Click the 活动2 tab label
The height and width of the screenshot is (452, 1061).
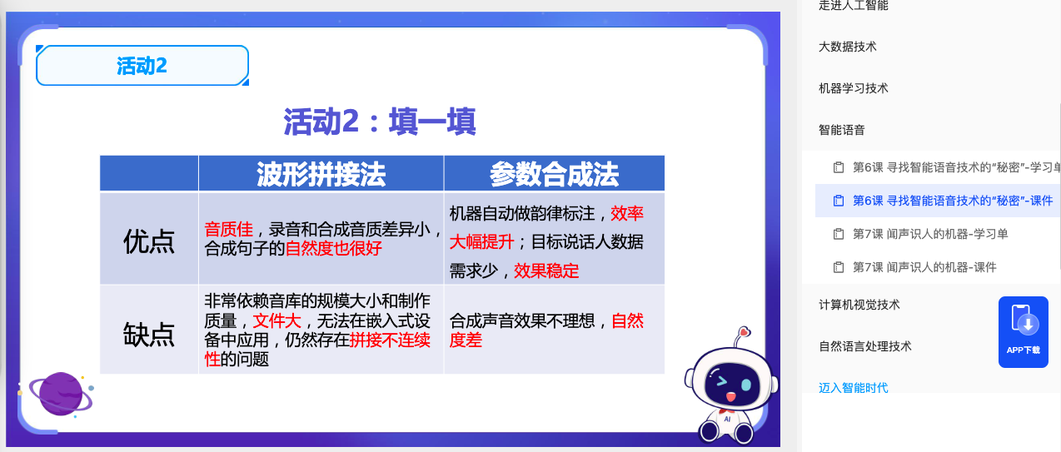click(x=142, y=66)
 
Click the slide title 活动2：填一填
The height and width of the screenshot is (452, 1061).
click(x=379, y=122)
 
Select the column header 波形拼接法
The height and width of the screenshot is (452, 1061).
click(x=321, y=173)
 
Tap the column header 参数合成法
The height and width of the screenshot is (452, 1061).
click(x=554, y=173)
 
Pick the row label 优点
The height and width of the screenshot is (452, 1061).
click(x=149, y=241)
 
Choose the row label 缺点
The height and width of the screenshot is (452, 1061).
click(x=149, y=333)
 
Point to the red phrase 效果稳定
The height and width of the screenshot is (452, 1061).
click(x=546, y=271)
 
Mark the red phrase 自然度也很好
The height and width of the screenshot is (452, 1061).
click(x=333, y=248)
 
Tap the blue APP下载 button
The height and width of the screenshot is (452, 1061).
click(x=1023, y=331)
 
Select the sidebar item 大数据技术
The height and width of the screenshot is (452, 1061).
click(x=848, y=47)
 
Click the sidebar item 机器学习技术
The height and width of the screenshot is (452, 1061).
click(x=854, y=88)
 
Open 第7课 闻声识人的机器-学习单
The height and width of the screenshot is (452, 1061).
click(x=930, y=234)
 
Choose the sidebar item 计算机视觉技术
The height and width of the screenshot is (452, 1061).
click(x=859, y=305)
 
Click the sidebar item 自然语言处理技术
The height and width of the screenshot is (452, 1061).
click(x=865, y=346)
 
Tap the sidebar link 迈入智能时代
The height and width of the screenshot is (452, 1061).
click(x=854, y=387)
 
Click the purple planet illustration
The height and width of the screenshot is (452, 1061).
click(x=58, y=393)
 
